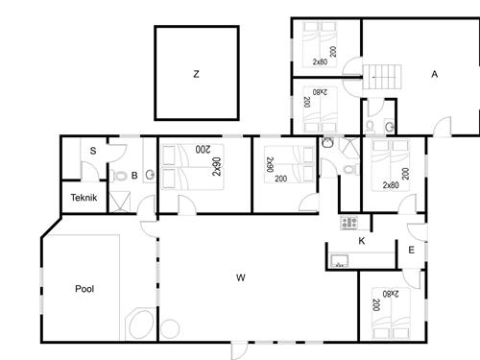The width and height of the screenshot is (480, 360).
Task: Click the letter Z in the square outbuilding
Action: coord(196,74)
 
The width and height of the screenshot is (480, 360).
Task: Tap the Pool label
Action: coord(84,289)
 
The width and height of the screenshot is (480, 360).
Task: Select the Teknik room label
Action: coord(84,198)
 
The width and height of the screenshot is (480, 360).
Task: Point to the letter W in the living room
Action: coord(241,277)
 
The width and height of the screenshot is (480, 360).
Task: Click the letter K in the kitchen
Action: coord(362,241)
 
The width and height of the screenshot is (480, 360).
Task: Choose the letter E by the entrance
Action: coord(412,250)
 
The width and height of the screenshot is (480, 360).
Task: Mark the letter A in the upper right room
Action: coord(434,74)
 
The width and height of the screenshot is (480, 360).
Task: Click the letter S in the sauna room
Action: coord(93,151)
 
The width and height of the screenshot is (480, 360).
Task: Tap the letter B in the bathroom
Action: coord(134,176)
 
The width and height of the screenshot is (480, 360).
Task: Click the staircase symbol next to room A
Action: coord(382,77)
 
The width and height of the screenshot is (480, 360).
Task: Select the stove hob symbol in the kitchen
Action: coord(348,223)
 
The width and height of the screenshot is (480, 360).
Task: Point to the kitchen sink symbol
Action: coord(340,261)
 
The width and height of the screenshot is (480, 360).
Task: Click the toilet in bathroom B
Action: coord(119,176)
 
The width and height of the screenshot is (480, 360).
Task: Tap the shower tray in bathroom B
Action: coord(120,202)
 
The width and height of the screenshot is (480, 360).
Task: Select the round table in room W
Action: coord(170,328)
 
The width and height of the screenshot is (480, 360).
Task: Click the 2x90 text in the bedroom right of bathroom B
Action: coord(217,167)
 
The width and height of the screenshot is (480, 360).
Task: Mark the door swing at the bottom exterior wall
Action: coord(239,350)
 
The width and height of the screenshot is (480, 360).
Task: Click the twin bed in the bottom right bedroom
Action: coord(391,313)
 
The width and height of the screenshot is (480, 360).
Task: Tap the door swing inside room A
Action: coord(443,127)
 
